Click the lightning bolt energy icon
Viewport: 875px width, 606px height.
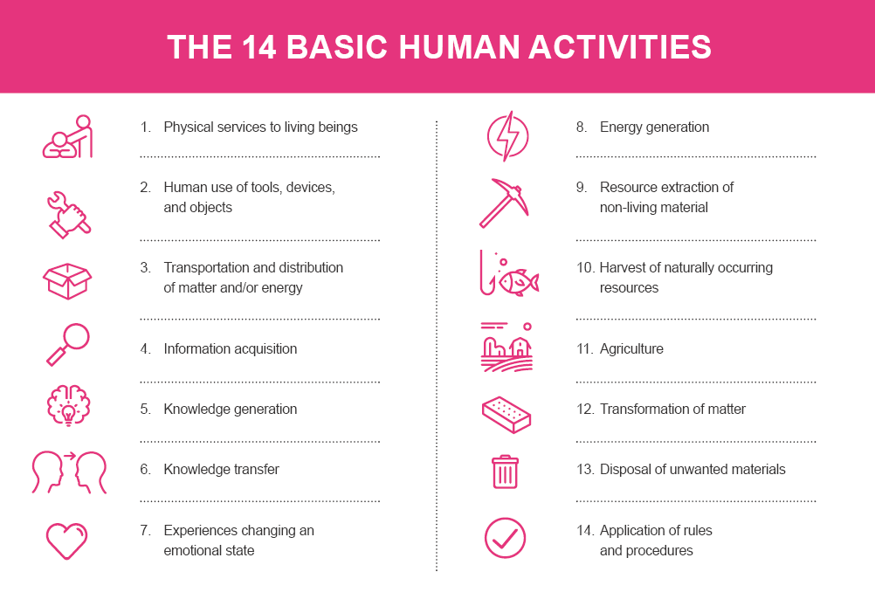coord(507,136)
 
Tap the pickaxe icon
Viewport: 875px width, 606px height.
coord(503,203)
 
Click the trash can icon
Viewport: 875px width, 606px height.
coord(505,472)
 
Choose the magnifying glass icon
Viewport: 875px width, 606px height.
coord(67,344)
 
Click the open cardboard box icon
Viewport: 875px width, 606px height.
coord(67,281)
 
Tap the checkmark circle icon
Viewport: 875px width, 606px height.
coord(505,538)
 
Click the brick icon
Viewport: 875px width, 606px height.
coord(506,415)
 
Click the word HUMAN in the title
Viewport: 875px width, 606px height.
coord(458,46)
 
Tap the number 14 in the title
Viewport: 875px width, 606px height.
coord(259,46)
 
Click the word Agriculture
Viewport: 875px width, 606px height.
coord(631,348)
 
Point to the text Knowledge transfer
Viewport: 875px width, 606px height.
coord(222,469)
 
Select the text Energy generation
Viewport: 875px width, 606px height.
coord(655,127)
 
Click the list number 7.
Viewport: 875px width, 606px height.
coord(145,530)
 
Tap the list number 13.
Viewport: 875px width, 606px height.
coord(585,469)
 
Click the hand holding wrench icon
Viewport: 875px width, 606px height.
coord(69,215)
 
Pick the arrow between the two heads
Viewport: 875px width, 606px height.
coord(70,457)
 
